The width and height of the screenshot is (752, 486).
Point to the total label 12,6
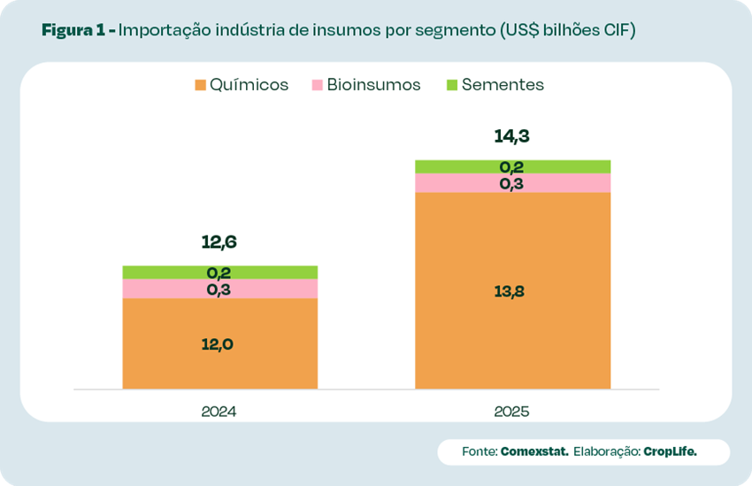coord(219,243)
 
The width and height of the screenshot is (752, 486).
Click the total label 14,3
coord(512,137)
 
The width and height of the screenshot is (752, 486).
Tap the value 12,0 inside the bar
coord(219,344)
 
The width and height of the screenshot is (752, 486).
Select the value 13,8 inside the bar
coord(512,291)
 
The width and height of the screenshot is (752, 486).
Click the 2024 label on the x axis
coord(219,412)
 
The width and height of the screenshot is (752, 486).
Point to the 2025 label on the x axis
coord(512,412)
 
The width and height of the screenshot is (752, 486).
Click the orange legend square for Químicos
coord(200,86)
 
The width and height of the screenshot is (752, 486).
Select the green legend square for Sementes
coord(452,86)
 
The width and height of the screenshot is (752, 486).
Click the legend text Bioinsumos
coord(373,85)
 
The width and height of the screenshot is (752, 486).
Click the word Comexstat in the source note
coord(534,451)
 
